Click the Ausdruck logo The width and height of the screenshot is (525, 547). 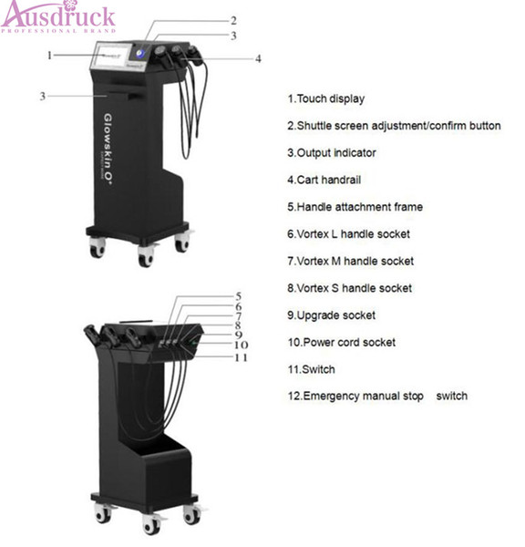pyautogui.click(x=58, y=16)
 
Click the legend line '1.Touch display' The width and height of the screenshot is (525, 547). pyautogui.click(x=326, y=98)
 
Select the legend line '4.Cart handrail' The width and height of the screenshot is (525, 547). pyautogui.click(x=324, y=180)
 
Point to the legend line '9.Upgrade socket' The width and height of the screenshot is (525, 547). pyautogui.click(x=332, y=315)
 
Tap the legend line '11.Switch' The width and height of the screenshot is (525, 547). pyautogui.click(x=312, y=369)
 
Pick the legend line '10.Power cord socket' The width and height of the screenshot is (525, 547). pyautogui.click(x=342, y=342)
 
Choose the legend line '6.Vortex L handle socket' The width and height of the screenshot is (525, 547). pyautogui.click(x=349, y=233)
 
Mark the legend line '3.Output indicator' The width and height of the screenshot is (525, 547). pyautogui.click(x=332, y=153)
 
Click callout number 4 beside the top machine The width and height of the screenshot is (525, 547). pyautogui.click(x=258, y=58)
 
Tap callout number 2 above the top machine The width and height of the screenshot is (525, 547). pyautogui.click(x=233, y=21)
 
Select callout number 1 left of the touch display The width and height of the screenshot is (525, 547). pyautogui.click(x=49, y=55)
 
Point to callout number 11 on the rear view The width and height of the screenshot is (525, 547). pyautogui.click(x=241, y=357)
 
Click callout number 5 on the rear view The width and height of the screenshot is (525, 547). pyautogui.click(x=239, y=296)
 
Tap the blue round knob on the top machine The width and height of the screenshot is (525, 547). pyautogui.click(x=140, y=54)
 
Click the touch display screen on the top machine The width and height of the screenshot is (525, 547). pyautogui.click(x=109, y=56)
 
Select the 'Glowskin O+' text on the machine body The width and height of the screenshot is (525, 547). pyautogui.click(x=108, y=147)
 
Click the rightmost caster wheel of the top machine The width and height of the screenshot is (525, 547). pyautogui.click(x=182, y=243)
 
